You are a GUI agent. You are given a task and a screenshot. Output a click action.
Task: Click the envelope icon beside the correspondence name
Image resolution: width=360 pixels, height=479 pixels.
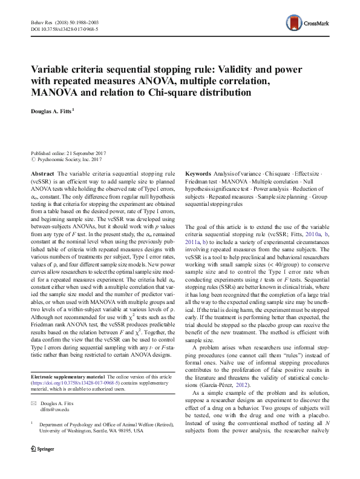(x=34, y=403)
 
